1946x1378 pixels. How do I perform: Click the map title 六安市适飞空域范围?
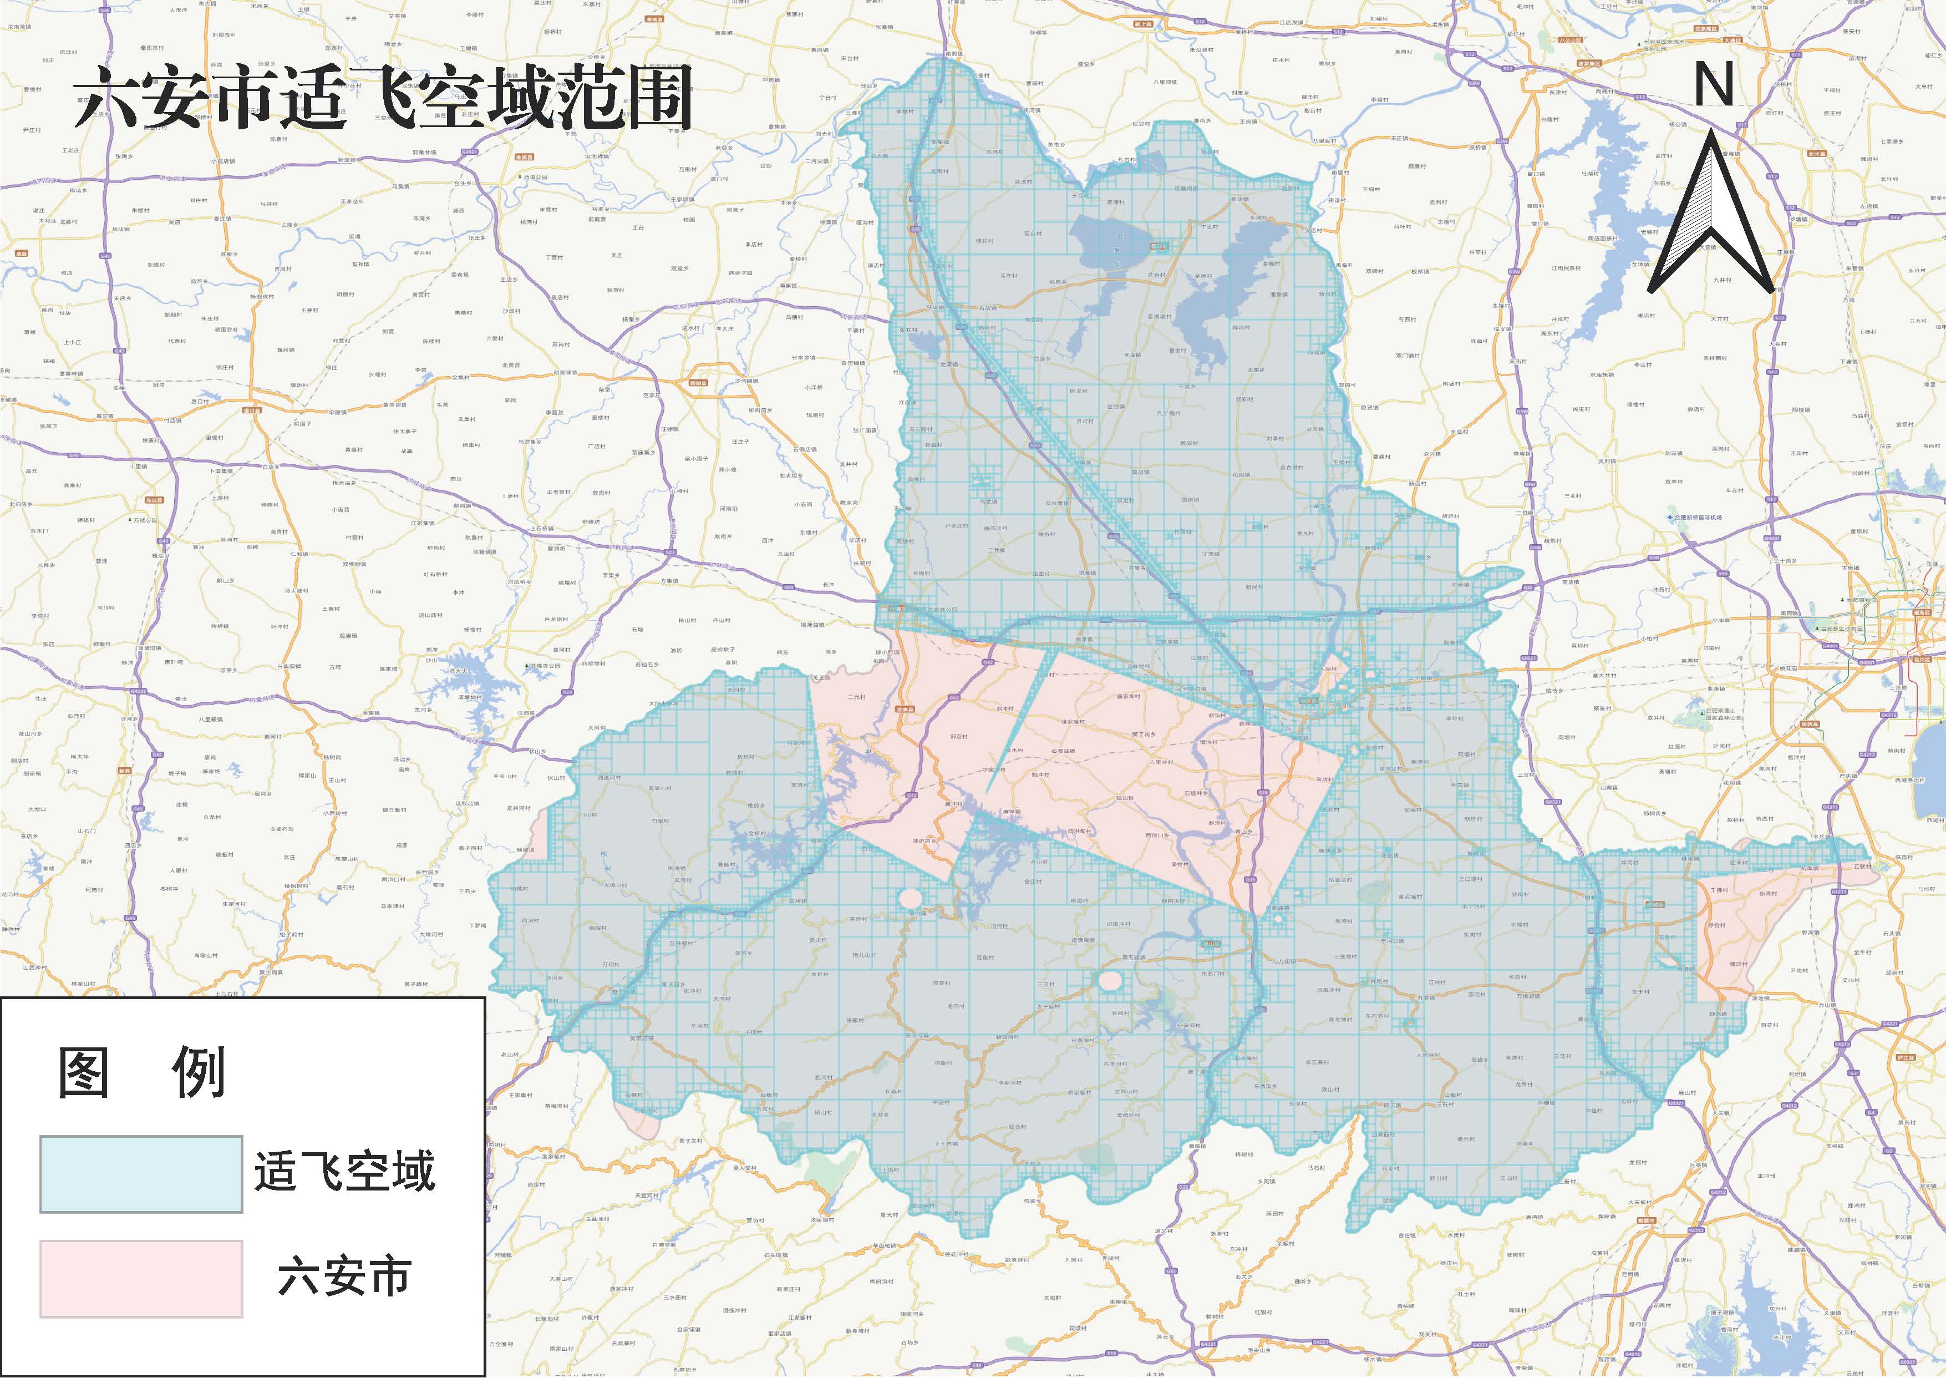(x=382, y=100)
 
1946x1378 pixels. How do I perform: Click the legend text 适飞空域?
(x=344, y=1172)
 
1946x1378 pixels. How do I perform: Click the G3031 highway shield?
(x=469, y=152)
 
